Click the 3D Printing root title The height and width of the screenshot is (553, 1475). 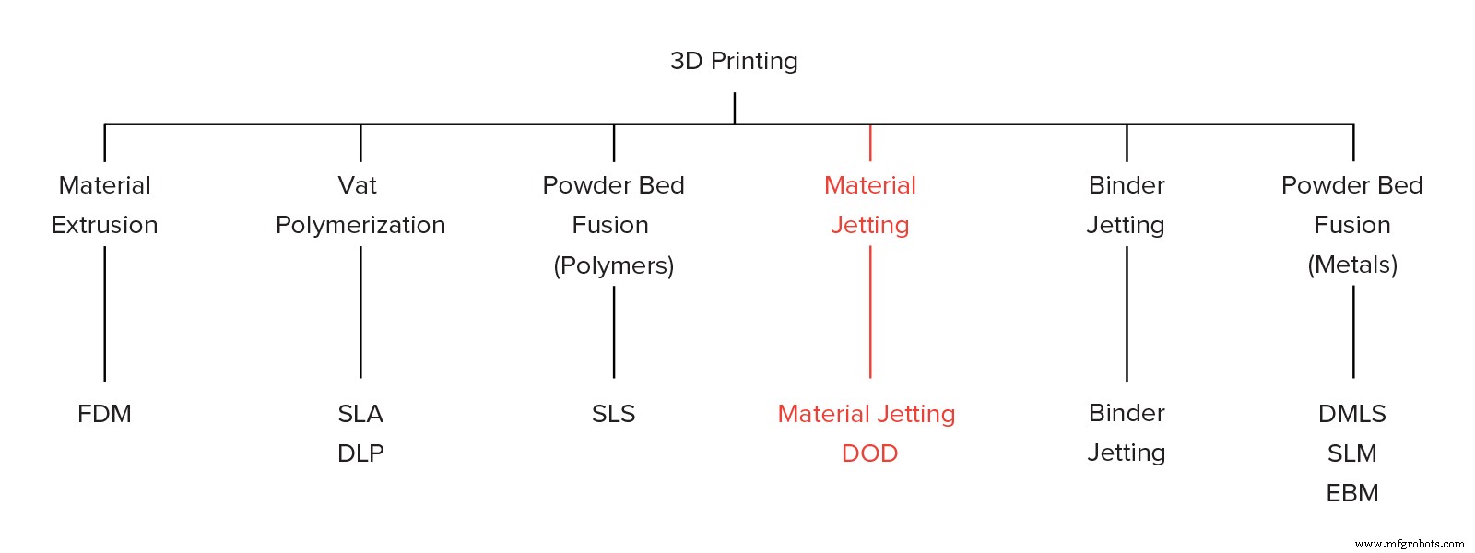734,61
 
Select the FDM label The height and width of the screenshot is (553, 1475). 104,414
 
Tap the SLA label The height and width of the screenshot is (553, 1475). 360,414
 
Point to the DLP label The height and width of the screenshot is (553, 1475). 360,453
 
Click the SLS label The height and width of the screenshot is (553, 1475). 614,414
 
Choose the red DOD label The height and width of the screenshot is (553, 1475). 869,453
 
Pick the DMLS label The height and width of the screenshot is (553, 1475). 1352,414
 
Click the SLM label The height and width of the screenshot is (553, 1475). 1352,453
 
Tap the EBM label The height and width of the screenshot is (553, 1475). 1352,493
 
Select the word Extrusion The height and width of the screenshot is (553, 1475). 104,225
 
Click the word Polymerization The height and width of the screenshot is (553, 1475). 360,225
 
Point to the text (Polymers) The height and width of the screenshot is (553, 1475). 614,265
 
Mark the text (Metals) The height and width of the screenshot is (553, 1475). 1352,265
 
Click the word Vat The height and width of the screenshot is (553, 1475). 358,185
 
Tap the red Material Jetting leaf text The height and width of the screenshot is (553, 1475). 867,414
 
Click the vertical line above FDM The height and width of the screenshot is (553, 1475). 104,313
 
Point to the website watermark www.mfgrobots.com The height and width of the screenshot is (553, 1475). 1410,544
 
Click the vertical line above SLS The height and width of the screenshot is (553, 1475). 614,332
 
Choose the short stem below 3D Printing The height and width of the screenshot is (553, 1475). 735,108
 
